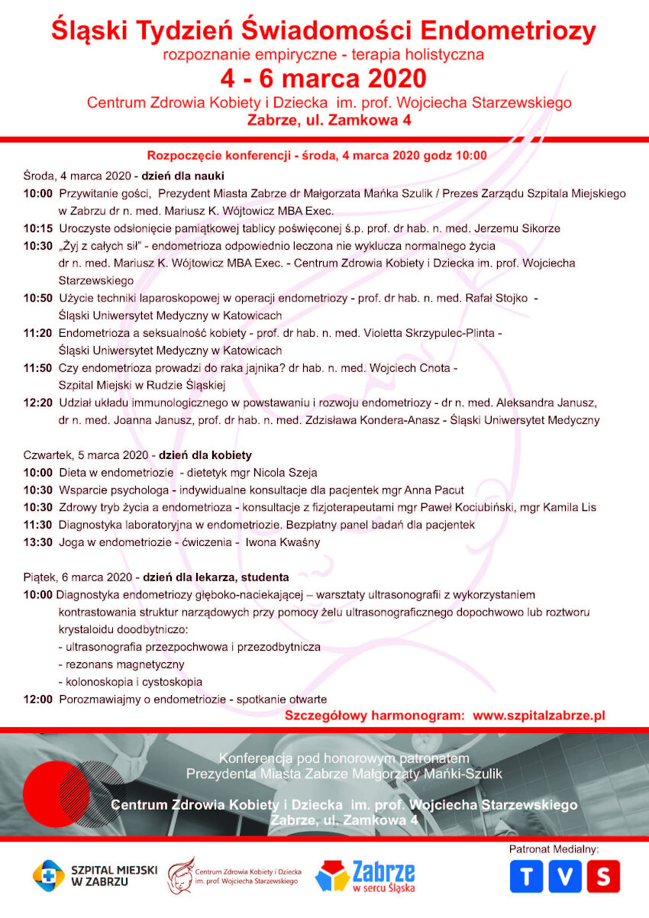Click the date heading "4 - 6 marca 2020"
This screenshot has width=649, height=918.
[x=323, y=79]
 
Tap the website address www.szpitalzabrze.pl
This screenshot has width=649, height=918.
[x=539, y=716]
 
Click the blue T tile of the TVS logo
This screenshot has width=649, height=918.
[x=526, y=876]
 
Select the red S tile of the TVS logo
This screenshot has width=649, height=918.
[x=604, y=876]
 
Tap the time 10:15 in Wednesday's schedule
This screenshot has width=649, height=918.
[x=37, y=228]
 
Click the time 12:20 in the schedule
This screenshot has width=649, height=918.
[x=37, y=402]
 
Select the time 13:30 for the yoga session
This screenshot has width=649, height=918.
[x=37, y=542]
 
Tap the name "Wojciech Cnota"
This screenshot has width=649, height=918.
[x=412, y=368]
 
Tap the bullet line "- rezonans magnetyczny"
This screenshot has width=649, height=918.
[x=121, y=664]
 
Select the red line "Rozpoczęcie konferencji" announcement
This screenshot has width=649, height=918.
[x=317, y=155]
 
